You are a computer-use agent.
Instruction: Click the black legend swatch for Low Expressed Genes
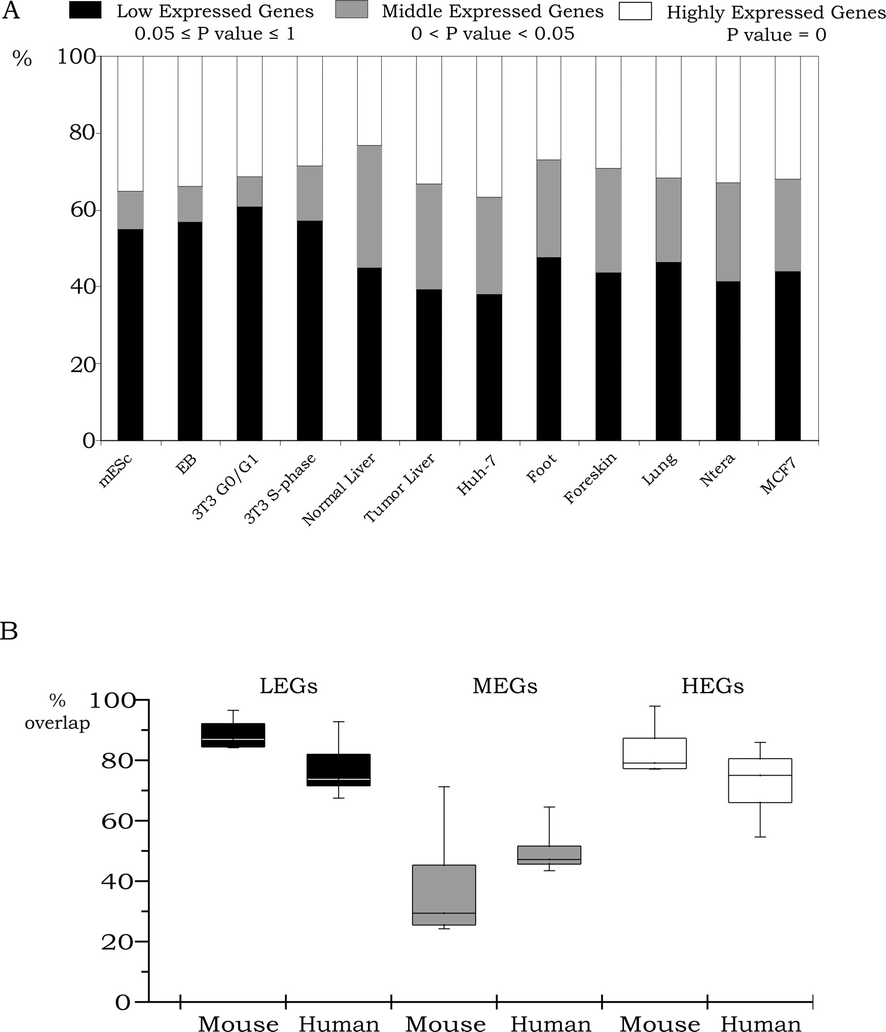[85, 11]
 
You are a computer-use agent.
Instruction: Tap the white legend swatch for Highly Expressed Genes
[636, 11]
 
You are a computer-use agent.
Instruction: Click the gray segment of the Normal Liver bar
[369, 206]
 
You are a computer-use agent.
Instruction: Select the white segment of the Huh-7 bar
[489, 127]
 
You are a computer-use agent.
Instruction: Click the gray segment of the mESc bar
[130, 210]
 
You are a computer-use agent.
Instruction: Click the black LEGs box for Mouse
[233, 735]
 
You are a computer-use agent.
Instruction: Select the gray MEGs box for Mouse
[444, 894]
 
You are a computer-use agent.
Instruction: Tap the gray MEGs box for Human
[549, 855]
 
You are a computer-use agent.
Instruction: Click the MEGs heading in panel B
[505, 686]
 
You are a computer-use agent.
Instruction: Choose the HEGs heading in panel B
[712, 686]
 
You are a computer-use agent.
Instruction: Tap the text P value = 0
[776, 35]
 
